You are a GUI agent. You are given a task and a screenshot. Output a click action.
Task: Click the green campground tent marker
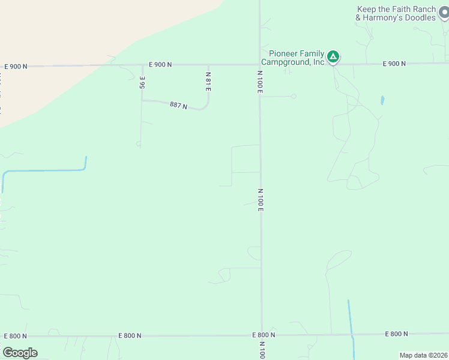[x=333, y=58]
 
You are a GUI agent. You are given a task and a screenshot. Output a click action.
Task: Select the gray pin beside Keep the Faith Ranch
[x=443, y=13]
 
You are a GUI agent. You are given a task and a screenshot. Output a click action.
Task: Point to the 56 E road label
[x=142, y=82]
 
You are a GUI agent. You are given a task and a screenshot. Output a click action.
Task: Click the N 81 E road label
[x=208, y=82]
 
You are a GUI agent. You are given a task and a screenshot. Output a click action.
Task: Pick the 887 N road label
[x=178, y=106]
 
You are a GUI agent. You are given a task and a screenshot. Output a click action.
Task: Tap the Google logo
[x=20, y=352]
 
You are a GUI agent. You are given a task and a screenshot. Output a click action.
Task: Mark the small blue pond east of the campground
[x=382, y=100]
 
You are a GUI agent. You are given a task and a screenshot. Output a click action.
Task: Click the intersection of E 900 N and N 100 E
[x=260, y=64]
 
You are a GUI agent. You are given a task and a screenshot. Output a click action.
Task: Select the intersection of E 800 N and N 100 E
[x=261, y=335]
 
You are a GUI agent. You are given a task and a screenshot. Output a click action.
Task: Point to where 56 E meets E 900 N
[x=142, y=65]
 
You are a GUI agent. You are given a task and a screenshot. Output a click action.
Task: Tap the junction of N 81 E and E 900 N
[x=208, y=65]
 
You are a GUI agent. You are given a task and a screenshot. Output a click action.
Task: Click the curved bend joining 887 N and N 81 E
[x=205, y=107]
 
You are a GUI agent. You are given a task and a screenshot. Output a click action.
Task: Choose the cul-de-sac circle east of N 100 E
[x=294, y=96]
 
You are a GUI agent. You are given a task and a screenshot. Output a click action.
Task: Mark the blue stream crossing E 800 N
[x=352, y=335]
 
